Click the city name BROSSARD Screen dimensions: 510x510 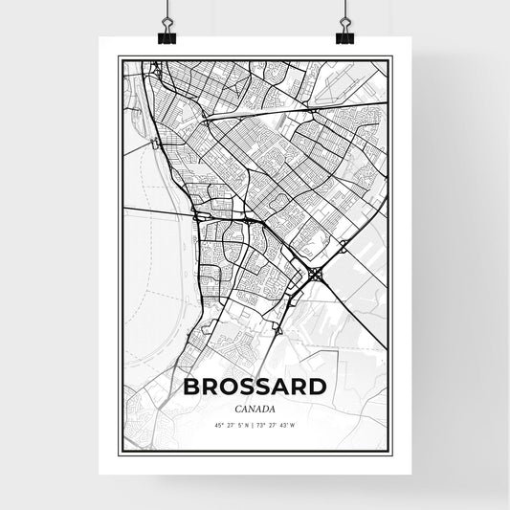click(x=255, y=388)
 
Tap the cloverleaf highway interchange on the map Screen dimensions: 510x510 click(x=317, y=275)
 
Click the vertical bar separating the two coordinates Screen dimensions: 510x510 click(x=255, y=424)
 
